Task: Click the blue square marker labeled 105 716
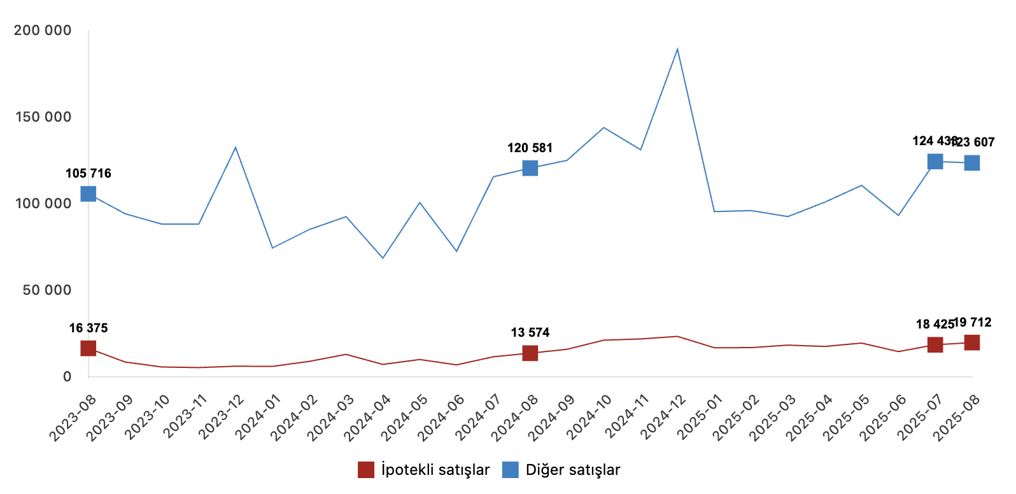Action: point(88,194)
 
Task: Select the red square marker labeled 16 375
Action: point(88,348)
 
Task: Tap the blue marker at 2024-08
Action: point(530,168)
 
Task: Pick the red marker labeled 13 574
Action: point(530,353)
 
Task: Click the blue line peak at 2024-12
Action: point(677,50)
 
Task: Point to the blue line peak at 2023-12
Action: point(236,148)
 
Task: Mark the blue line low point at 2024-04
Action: point(383,258)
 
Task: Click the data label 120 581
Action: point(530,148)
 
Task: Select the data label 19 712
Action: point(973,322)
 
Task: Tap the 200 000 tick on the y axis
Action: point(43,31)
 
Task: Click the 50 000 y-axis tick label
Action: point(47,290)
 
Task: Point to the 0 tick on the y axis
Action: point(67,377)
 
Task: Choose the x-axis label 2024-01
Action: point(258,417)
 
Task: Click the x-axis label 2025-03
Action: point(773,417)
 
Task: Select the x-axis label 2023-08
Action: point(74,417)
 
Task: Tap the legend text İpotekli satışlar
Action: point(435,470)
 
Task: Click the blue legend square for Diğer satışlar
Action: point(511,470)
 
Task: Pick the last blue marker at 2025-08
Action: point(972,163)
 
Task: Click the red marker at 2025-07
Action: point(935,344)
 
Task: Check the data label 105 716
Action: point(88,173)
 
